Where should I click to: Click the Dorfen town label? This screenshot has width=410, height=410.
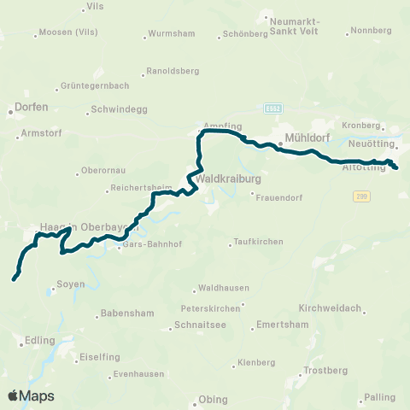[x=31, y=108]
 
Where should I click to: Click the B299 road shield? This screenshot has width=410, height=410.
[x=362, y=196]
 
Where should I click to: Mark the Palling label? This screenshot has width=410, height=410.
[x=380, y=397]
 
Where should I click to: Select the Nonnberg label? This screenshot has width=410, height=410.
[x=370, y=30]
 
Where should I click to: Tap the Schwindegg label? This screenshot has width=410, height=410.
[x=114, y=109]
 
